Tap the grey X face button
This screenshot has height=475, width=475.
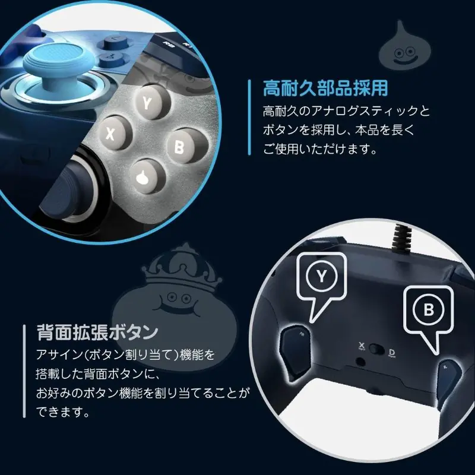coord(115,133)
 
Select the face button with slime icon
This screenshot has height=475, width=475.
coord(148,176)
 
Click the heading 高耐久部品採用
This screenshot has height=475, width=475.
coord(325,88)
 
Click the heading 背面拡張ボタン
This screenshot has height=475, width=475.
coord(97,332)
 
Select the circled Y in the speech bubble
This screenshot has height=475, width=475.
coord(321,275)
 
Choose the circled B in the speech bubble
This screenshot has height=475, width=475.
coord(429,310)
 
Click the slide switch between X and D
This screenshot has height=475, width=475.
coord(377,349)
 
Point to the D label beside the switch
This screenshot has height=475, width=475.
coord(392,352)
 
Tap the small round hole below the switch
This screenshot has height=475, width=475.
coord(360,362)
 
